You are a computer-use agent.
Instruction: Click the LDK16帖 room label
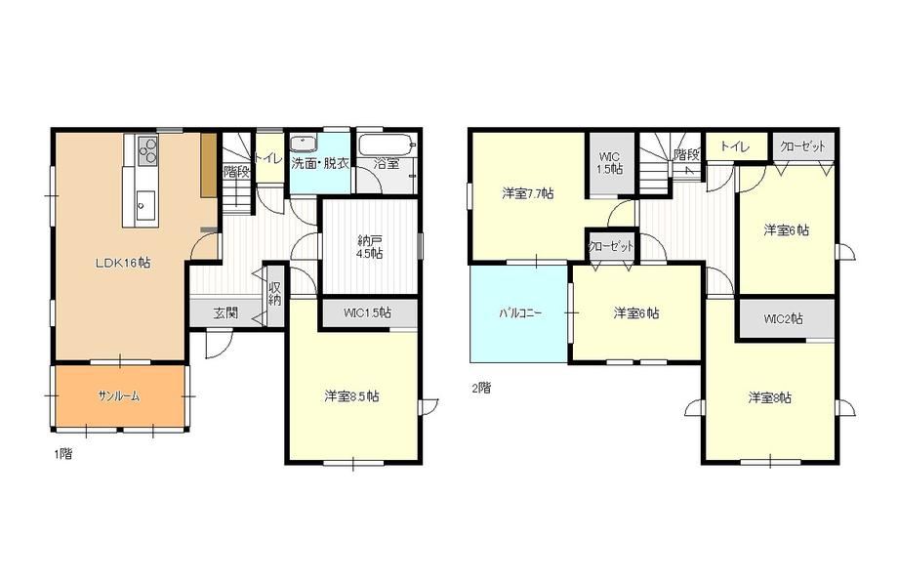tap(123, 263)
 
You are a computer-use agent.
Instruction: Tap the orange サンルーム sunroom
tap(120, 395)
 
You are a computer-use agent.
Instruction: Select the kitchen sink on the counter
tap(144, 203)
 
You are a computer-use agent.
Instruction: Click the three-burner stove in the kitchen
tap(146, 150)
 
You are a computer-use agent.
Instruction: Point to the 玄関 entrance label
tap(226, 313)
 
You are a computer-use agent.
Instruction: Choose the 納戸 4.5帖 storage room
tap(369, 246)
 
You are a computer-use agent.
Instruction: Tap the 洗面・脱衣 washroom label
tap(320, 163)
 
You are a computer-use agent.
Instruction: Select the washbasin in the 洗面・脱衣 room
tap(301, 144)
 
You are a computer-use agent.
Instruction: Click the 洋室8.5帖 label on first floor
tap(351, 395)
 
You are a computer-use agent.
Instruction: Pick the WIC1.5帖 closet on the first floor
tap(368, 312)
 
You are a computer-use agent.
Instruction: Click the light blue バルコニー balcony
tap(519, 313)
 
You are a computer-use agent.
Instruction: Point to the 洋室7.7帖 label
tap(528, 193)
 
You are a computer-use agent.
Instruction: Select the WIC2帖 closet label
tap(784, 318)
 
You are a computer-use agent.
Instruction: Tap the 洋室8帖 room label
tap(770, 397)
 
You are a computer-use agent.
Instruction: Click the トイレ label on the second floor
tap(735, 146)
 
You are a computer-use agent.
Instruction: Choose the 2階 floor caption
tap(481, 388)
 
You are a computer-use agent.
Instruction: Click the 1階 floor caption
tap(63, 454)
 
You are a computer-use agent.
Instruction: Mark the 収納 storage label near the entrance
tap(275, 293)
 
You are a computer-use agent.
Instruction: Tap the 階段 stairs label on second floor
tap(686, 154)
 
